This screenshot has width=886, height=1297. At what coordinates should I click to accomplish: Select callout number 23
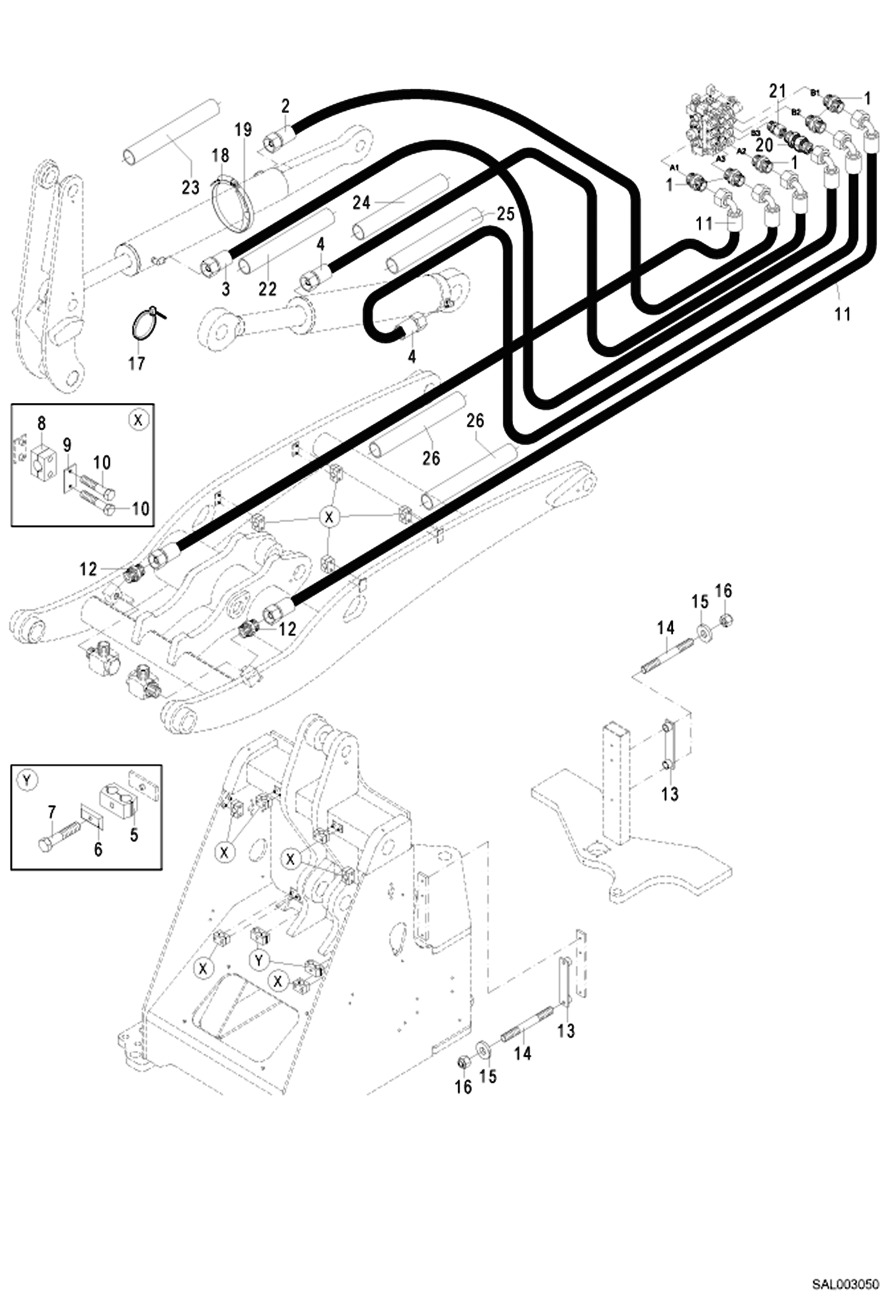(190, 187)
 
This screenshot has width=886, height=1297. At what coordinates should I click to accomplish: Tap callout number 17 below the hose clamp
(137, 363)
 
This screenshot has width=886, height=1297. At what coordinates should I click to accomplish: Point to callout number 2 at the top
(286, 106)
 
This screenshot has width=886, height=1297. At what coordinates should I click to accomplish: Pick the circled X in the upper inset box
(138, 420)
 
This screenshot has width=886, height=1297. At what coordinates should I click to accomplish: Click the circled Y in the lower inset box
(27, 781)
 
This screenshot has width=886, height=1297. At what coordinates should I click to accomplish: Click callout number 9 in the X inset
(67, 444)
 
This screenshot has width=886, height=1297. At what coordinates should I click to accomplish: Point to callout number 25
(506, 214)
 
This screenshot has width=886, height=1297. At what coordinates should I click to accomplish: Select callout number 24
(361, 203)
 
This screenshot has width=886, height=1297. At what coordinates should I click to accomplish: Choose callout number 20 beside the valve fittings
(764, 145)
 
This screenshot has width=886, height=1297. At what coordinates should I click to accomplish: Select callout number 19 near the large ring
(242, 129)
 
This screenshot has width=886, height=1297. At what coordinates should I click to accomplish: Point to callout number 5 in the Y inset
(134, 835)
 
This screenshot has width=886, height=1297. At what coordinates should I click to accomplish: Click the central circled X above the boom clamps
(329, 517)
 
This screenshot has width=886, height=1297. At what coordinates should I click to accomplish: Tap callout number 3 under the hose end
(226, 289)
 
